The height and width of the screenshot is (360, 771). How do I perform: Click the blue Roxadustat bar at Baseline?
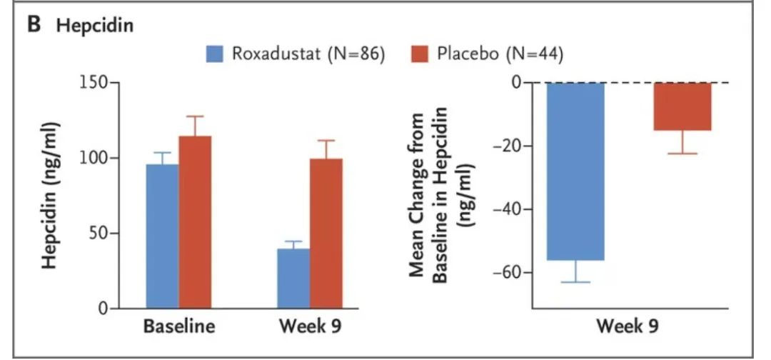[163, 236]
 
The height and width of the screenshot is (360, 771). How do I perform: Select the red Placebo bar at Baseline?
[195, 221]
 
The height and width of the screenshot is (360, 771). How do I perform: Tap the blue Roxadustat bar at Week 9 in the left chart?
[293, 278]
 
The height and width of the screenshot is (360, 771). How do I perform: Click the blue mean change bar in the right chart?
[575, 171]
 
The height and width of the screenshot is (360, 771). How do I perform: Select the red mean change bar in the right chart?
[682, 106]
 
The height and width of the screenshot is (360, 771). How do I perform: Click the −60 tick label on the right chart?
[504, 273]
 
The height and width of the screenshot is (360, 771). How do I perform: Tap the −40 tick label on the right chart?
[504, 209]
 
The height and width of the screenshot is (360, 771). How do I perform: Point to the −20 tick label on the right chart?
[504, 146]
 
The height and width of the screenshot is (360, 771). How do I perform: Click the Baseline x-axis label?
[179, 328]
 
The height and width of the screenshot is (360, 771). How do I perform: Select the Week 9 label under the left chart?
[310, 328]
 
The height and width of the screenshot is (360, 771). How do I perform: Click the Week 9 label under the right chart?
[628, 328]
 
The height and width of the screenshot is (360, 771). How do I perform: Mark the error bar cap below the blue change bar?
[575, 282]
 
